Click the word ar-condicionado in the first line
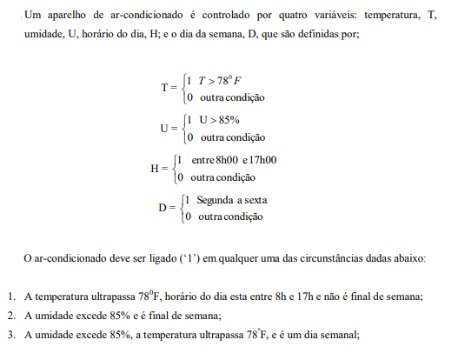130,15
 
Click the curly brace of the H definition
172,169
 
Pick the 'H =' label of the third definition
158,169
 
